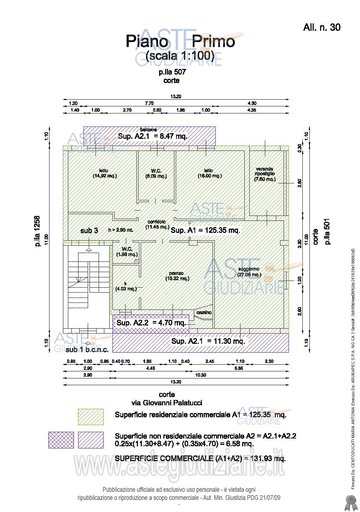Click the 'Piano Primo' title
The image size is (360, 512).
(180, 42)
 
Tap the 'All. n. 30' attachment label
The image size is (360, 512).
(321, 27)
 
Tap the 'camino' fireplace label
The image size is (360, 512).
(204, 312)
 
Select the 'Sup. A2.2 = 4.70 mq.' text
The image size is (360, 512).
(151, 323)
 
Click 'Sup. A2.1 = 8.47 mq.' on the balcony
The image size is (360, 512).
(152, 136)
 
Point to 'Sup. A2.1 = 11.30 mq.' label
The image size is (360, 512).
(208, 341)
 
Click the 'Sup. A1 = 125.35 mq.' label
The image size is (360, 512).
(205, 230)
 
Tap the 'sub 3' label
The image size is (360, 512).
(89, 231)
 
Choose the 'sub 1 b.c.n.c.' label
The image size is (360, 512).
(87, 349)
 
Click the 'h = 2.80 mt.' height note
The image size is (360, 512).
(121, 230)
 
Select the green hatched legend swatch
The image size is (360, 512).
(91, 417)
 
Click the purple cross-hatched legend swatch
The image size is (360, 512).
(61, 440)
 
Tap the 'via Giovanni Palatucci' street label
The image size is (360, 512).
(167, 403)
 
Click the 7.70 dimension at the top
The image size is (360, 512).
(149, 103)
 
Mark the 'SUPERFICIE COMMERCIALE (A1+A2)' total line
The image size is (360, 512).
(200, 459)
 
